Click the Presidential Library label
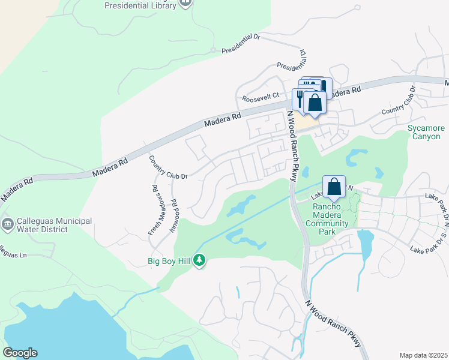pos(140,5)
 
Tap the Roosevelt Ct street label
pos(261,96)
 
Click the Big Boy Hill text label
pos(170,261)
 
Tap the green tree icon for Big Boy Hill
pos(199,260)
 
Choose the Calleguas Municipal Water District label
pos(54,225)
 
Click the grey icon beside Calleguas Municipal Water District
pos(7,225)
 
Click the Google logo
pos(20,353)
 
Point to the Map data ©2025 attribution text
pos(423,355)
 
